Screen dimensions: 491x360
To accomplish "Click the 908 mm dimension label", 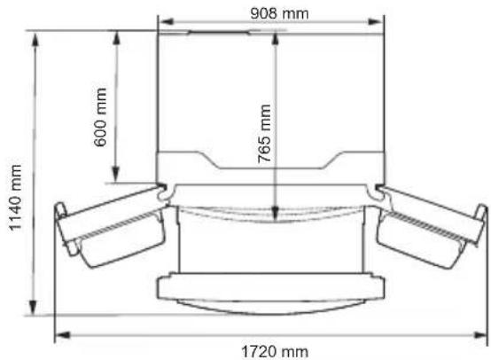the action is (x=279, y=13).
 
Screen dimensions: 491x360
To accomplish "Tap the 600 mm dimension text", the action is (x=101, y=117).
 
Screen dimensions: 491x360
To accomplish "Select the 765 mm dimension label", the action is (x=265, y=134).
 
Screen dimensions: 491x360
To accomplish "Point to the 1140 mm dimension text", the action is (x=15, y=198).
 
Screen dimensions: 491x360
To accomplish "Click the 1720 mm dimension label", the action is (x=275, y=352).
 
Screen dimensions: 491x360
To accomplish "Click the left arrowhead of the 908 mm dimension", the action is (x=167, y=21).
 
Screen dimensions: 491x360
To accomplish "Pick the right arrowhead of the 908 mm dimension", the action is (x=375, y=21).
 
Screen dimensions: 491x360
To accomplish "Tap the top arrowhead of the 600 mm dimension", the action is (x=116, y=38).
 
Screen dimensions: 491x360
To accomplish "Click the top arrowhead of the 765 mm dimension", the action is (x=276, y=40).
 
